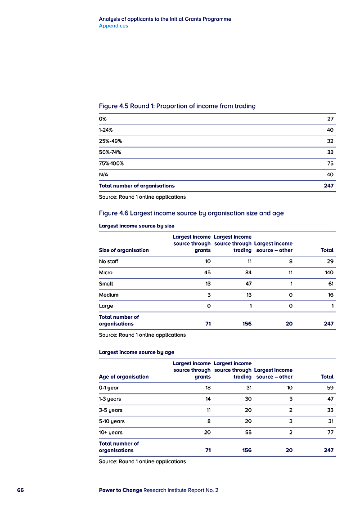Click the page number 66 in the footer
pos(20,490)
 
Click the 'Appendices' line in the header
pos(113,26)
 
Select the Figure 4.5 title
pos(177,107)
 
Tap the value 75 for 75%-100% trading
pos(330,164)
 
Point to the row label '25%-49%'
pos(111,141)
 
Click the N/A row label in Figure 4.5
pos(103,174)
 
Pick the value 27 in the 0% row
pos(330,119)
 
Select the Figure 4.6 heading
pos(191,213)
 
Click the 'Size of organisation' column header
pos(124,250)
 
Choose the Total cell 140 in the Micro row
pos(328,272)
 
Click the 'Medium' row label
pos(109,295)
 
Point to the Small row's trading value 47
pos(247,284)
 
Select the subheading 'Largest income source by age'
pos(136,352)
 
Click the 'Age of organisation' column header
pos(124,377)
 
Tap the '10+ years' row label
pos(111,433)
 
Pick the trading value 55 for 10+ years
pos(247,433)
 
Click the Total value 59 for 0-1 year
pos(330,388)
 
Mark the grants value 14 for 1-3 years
pos(207,399)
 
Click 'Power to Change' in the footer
pos(120,490)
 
